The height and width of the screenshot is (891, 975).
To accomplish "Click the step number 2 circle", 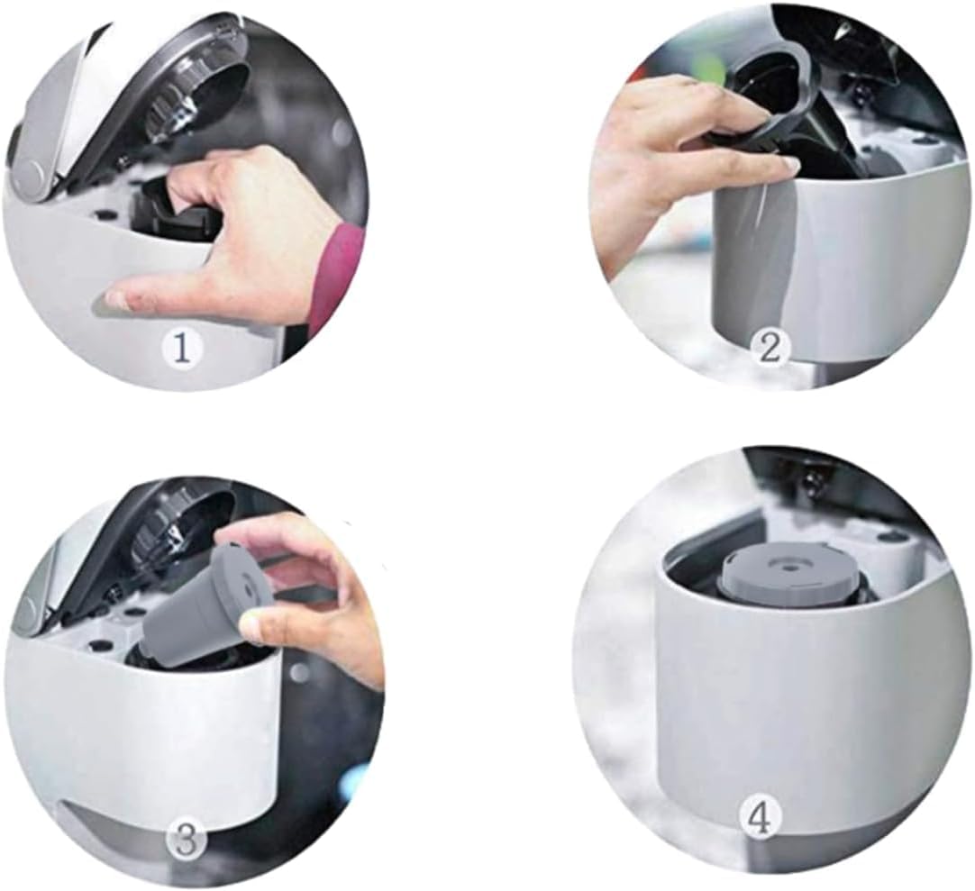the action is click(770, 348).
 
